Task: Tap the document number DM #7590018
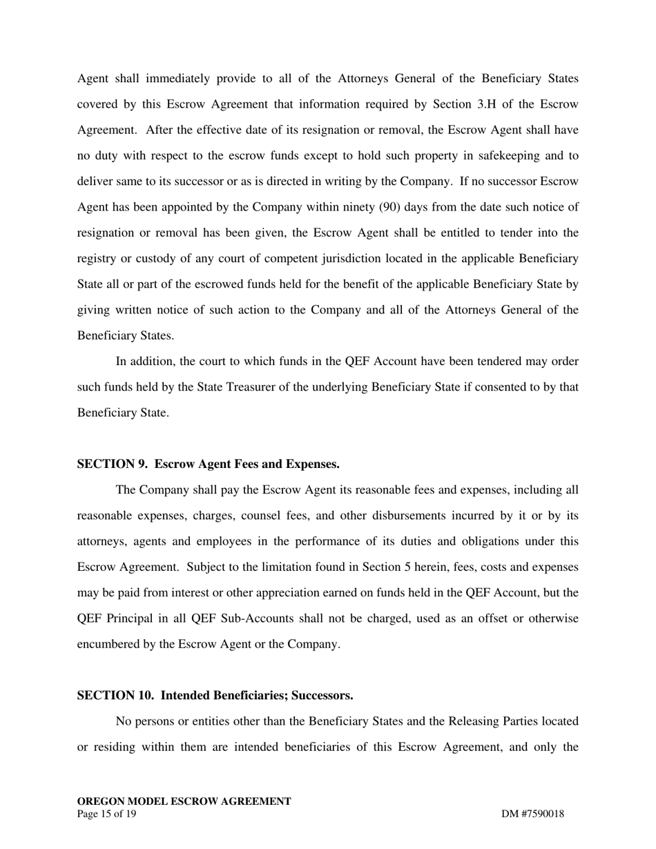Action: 532,814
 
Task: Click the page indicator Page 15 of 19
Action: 107,814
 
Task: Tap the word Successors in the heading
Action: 322,696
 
